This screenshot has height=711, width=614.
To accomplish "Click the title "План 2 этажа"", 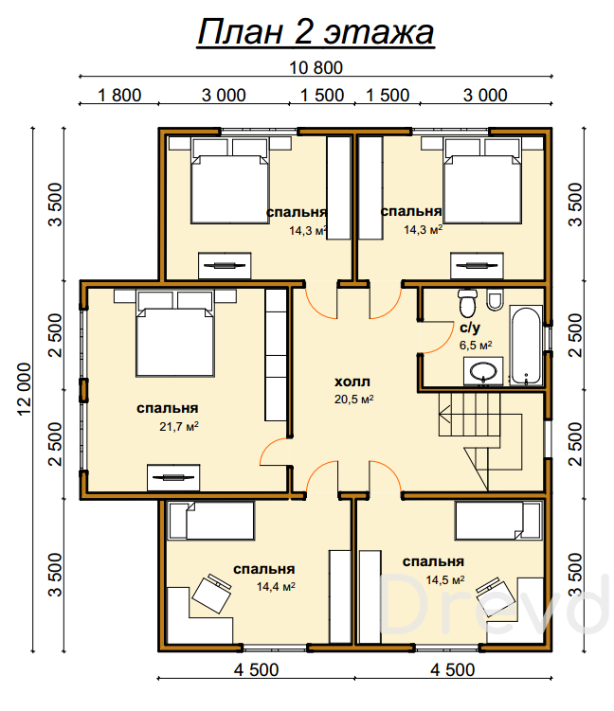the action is coord(316,32).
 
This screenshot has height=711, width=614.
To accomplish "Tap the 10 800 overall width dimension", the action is coord(316,68).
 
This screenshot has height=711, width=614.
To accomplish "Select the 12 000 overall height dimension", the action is coord(25,388).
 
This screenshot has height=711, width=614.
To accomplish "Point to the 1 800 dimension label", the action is coord(119,96).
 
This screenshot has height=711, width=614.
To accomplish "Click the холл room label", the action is coord(352,382).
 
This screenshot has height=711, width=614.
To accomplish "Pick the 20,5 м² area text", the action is coord(354,399).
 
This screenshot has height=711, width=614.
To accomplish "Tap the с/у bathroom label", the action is coord(470,327).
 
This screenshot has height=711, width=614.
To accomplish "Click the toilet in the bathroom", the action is coord(467,303).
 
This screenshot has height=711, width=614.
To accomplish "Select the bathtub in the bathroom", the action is coord(526,345).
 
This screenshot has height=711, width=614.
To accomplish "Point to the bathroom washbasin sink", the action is coord(483,371).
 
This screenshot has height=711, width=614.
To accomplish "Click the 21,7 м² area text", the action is coord(179,426).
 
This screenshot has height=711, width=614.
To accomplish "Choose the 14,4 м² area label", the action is coord(276,587).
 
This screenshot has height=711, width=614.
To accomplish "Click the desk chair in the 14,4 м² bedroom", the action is coord(212,594).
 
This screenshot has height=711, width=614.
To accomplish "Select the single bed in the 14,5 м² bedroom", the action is coord(498,520).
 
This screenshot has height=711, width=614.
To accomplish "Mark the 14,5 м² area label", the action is coord(444,579).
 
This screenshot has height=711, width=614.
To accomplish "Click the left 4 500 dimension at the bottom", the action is coord(257,669).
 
